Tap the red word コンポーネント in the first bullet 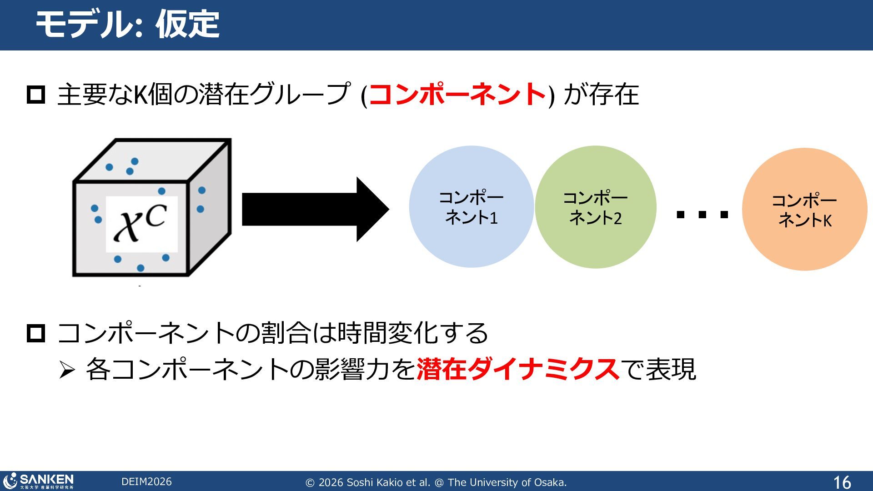pyautogui.click(x=457, y=95)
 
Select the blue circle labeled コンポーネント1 pyautogui.click(x=471, y=207)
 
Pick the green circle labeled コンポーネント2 pyautogui.click(x=595, y=207)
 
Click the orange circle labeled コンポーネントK pyautogui.click(x=804, y=210)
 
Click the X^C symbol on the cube pyautogui.click(x=141, y=223)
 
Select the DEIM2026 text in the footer pyautogui.click(x=146, y=482)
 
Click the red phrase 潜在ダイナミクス pyautogui.click(x=517, y=369)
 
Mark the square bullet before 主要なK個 pyautogui.click(x=36, y=95)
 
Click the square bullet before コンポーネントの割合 pyautogui.click(x=36, y=333)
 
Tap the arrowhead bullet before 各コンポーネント pyautogui.click(x=67, y=370)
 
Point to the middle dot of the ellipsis pyautogui.click(x=702, y=215)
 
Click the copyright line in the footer pyautogui.click(x=436, y=482)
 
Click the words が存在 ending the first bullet pyautogui.click(x=601, y=95)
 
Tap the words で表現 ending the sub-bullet pyautogui.click(x=658, y=369)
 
